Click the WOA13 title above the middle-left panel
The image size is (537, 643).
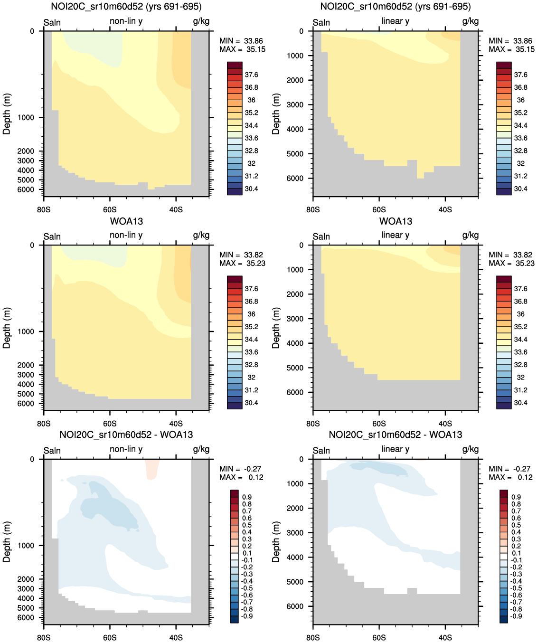point(126,221)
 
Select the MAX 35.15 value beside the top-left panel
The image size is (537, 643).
point(242,49)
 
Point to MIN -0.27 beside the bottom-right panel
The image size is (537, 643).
point(509,469)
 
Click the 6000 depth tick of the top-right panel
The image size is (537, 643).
point(295,179)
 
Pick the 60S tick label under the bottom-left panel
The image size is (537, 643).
point(110,637)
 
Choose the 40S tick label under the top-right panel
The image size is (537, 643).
point(445,209)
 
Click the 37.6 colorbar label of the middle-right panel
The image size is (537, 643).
point(520,289)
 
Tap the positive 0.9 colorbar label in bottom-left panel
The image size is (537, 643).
point(247,497)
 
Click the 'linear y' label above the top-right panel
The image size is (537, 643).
point(395,21)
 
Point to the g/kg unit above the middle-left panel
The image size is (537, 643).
point(201,236)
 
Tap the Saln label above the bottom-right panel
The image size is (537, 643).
point(321,451)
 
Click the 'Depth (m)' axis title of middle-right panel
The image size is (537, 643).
point(276,328)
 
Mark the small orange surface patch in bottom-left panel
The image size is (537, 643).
point(152,469)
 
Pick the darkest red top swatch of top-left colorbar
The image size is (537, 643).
point(235,65)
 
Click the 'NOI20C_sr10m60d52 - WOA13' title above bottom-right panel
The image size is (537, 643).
point(395,435)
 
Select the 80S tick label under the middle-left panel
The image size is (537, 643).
point(44,424)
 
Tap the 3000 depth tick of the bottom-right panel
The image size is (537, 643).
point(295,533)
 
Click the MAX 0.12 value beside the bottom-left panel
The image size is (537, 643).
point(242,477)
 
